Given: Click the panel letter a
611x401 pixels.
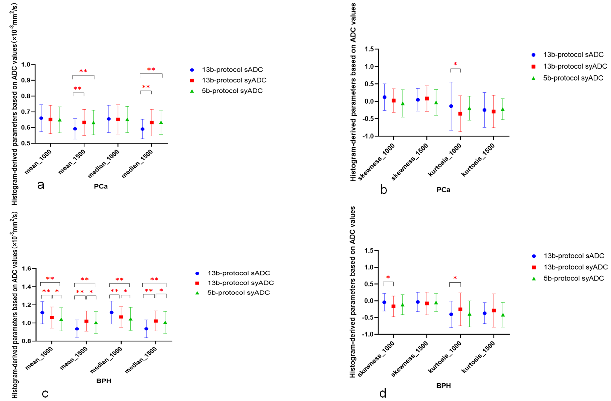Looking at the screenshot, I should click(x=41, y=185).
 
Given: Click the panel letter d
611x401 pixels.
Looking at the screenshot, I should click(x=383, y=393).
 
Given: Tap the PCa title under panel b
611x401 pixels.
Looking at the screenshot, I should click(x=443, y=190).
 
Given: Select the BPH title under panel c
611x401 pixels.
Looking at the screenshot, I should click(x=104, y=381).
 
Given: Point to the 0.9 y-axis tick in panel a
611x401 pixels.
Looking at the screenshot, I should click(x=26, y=80).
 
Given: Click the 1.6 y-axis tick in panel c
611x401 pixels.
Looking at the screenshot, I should click(x=26, y=269).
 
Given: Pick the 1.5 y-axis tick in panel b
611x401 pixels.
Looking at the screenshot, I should click(x=369, y=49).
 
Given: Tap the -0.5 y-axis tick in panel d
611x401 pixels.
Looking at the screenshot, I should click(x=368, y=317).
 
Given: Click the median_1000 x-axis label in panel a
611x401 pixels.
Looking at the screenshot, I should click(x=104, y=164).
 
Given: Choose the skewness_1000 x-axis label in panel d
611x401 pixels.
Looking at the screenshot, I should click(x=376, y=358).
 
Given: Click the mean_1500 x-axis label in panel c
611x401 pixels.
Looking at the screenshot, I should click(x=74, y=358).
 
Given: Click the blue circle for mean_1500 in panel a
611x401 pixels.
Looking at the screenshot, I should click(x=75, y=129).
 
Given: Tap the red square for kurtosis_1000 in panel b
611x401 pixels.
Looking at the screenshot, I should click(x=460, y=113).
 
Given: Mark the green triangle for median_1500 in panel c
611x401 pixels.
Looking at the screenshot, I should click(x=165, y=323).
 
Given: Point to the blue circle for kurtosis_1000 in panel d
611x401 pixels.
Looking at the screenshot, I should click(x=451, y=314).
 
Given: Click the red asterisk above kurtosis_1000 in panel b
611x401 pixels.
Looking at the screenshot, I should click(x=455, y=64).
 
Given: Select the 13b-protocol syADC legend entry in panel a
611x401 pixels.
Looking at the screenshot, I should click(x=234, y=80).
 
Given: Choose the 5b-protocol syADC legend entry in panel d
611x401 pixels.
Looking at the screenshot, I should click(x=573, y=279).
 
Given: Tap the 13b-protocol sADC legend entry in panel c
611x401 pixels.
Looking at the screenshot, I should click(x=238, y=273).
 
